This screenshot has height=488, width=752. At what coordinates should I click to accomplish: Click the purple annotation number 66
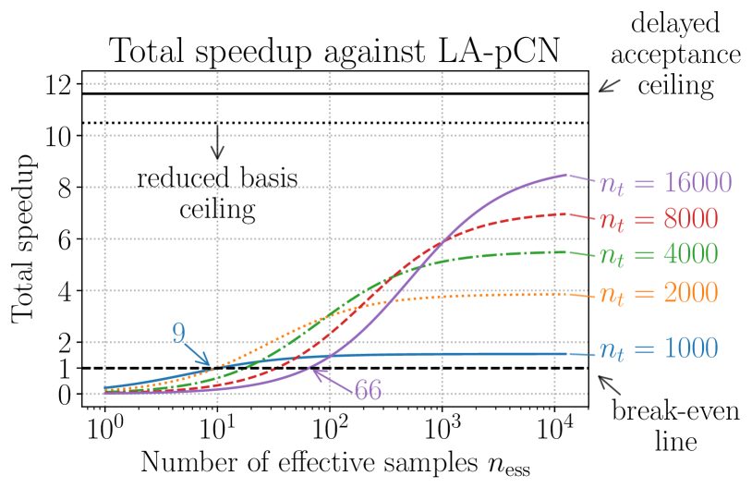368,390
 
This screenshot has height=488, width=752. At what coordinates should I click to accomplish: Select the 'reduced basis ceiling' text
218,193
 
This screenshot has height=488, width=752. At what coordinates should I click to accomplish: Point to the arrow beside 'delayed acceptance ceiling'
606,86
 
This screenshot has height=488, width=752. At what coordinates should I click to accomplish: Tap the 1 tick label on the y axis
65,368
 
